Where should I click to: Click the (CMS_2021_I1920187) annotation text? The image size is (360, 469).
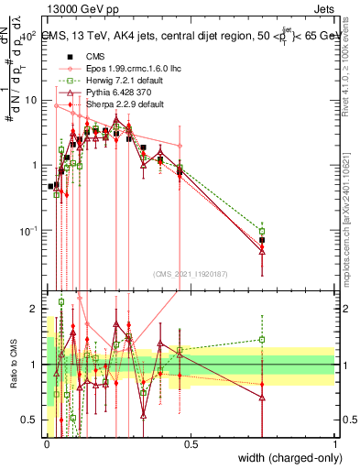(x=191, y=272)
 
